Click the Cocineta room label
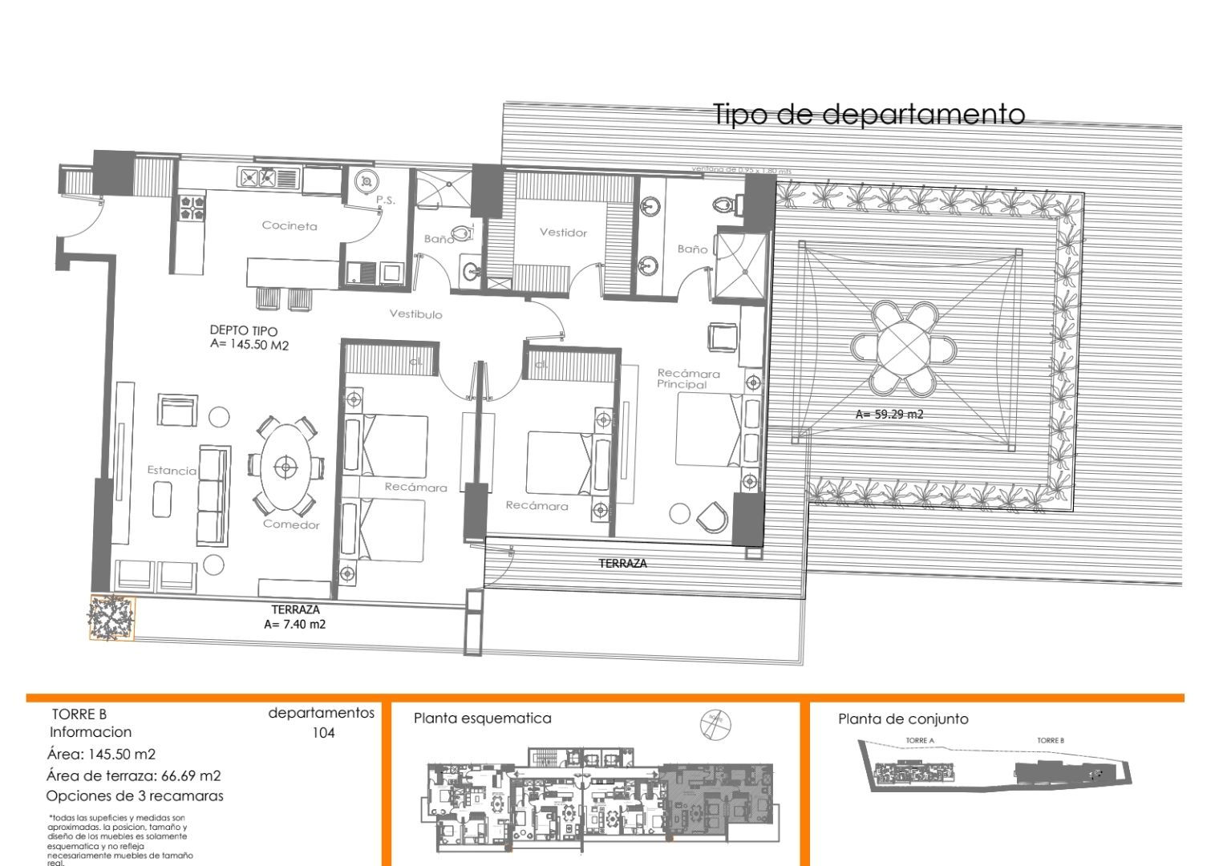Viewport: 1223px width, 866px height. pyautogui.click(x=290, y=226)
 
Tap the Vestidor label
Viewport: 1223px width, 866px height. pyautogui.click(x=563, y=233)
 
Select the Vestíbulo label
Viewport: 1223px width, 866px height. pyautogui.click(x=415, y=314)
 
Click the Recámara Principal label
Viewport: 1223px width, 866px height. pyautogui.click(x=688, y=378)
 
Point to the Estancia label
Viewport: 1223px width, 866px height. pyautogui.click(x=172, y=471)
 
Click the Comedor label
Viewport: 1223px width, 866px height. pyautogui.click(x=291, y=524)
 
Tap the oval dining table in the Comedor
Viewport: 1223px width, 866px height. pyautogui.click(x=286, y=466)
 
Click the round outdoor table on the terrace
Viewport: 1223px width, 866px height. pyautogui.click(x=904, y=348)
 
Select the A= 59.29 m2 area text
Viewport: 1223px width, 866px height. pyautogui.click(x=889, y=415)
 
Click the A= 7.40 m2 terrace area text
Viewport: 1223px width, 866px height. pyautogui.click(x=294, y=625)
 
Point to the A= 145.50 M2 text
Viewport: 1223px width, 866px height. pyautogui.click(x=249, y=345)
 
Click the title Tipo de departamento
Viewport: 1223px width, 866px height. pyautogui.click(x=869, y=115)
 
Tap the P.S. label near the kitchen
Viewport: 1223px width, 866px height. pyautogui.click(x=386, y=200)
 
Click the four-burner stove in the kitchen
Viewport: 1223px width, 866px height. pyautogui.click(x=192, y=208)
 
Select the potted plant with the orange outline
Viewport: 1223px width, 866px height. pyautogui.click(x=111, y=617)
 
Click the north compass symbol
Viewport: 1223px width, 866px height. pyautogui.click(x=715, y=723)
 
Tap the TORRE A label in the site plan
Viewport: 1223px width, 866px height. pyautogui.click(x=920, y=741)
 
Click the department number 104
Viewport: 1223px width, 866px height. pyautogui.click(x=323, y=733)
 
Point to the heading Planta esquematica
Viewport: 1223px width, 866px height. pyautogui.click(x=482, y=718)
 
